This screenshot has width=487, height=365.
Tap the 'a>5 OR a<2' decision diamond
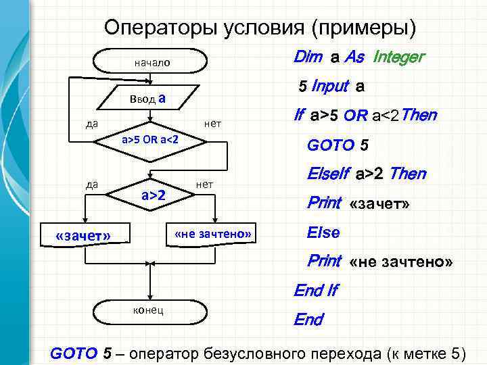tap(149, 140)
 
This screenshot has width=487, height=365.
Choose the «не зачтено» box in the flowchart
tap(212, 234)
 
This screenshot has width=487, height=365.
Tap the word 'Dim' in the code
tap(308, 57)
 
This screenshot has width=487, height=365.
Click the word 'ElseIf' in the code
tap(326, 174)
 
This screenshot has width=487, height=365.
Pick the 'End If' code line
tap(315, 291)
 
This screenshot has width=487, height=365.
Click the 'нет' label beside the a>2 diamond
tap(204, 184)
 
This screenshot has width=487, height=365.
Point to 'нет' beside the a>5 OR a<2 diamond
tap(213, 124)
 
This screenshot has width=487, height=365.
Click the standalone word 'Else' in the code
tap(323, 232)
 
